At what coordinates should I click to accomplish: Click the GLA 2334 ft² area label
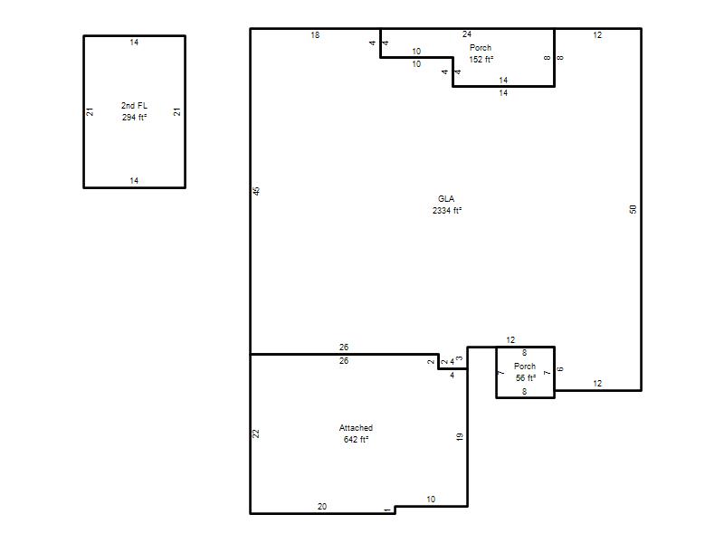coord(446,205)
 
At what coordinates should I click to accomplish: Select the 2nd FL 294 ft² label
coord(134,111)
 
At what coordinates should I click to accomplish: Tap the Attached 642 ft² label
coord(356,433)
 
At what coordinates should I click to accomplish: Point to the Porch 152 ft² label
coord(481,53)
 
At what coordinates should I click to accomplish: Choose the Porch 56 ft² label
coord(525,372)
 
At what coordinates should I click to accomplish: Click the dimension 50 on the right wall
coord(633,209)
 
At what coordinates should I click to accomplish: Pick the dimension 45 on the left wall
coord(257,191)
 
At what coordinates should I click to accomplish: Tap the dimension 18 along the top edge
coord(315,35)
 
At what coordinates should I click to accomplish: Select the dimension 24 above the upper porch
coord(467,34)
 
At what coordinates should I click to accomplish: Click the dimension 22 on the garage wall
coord(256,433)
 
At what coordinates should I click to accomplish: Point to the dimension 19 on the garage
coord(460,436)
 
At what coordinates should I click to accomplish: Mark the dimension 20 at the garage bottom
coord(322,507)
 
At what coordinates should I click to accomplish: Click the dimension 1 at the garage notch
coord(387,510)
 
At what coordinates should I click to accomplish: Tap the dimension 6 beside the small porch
coord(560,369)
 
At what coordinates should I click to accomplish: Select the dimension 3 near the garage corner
coord(460,358)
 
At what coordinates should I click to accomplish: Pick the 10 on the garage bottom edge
coord(431,500)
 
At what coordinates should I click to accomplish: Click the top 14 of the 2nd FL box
coord(134,43)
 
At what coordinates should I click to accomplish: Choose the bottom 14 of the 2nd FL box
coord(134,180)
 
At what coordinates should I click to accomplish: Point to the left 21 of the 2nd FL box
coord(90,111)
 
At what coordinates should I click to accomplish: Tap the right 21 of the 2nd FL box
coord(177,111)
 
